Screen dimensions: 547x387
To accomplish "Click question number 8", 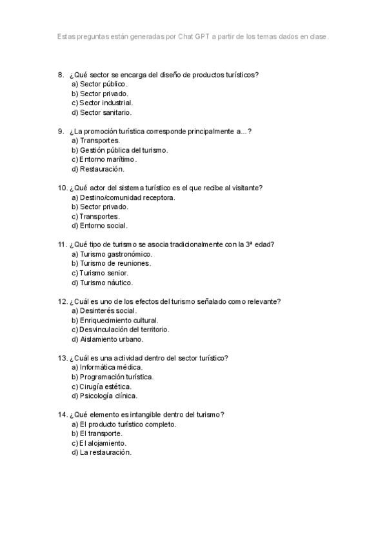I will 61,74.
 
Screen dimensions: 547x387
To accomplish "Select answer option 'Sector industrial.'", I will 106,103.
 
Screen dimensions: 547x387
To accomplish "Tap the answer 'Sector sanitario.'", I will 105,112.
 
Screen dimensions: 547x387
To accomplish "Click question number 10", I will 63,188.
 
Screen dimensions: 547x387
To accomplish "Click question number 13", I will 63,358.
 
